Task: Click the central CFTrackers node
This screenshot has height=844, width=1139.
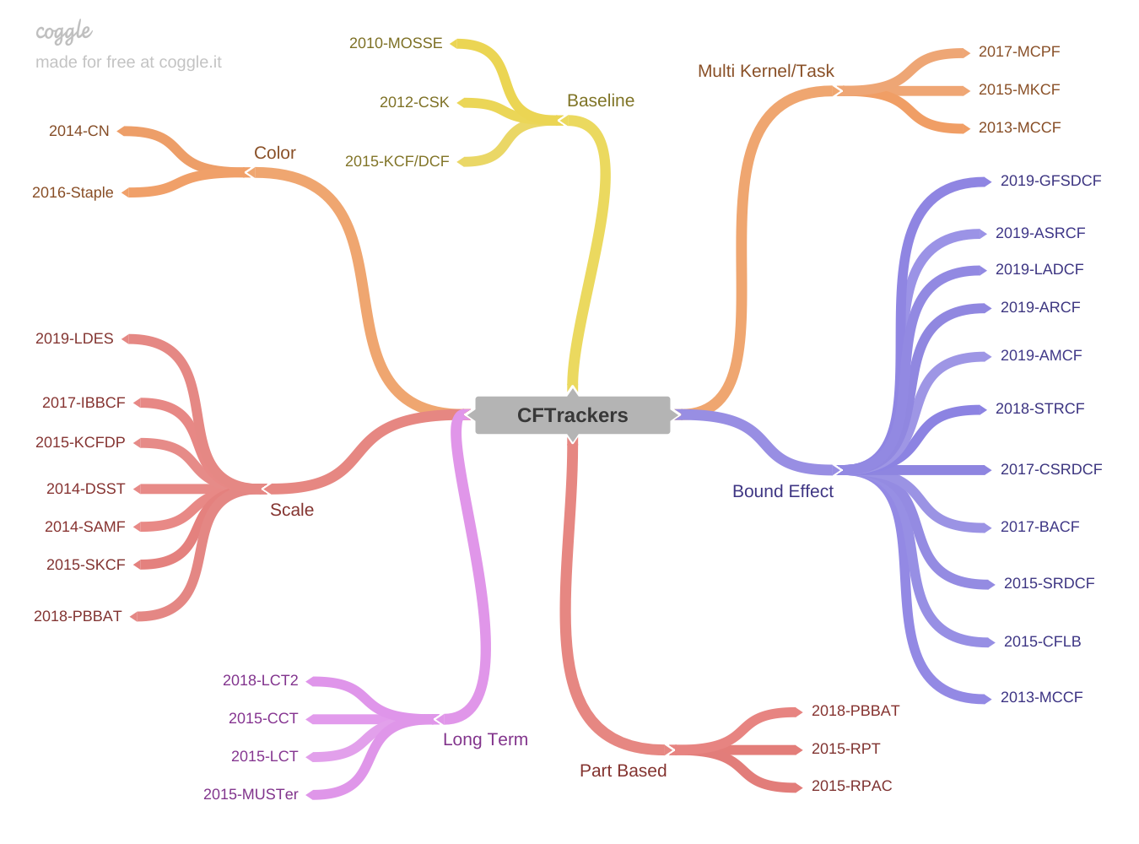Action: [x=572, y=415]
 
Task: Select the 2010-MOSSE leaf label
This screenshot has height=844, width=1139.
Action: [x=396, y=43]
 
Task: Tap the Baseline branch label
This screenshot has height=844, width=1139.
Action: [x=600, y=100]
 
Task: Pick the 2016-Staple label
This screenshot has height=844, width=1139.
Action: [x=73, y=192]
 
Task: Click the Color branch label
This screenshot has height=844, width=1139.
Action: [x=275, y=153]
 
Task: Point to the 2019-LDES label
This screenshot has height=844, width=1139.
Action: [x=74, y=338]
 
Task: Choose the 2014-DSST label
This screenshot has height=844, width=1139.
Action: [x=85, y=489]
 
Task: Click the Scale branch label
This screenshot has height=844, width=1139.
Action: [x=292, y=510]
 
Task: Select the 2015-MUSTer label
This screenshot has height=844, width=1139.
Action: [x=251, y=794]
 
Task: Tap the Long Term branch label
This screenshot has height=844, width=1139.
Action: [x=485, y=739]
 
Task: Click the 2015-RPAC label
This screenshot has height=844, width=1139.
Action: [x=851, y=786]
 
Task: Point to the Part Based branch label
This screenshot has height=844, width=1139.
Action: [x=623, y=771]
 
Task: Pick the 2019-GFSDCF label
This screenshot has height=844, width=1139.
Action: [x=1050, y=181]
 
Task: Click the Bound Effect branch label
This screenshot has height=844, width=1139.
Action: [x=782, y=491]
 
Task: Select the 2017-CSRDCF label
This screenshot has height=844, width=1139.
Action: [x=1051, y=469]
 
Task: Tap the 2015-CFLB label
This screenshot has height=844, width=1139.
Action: [x=1042, y=641]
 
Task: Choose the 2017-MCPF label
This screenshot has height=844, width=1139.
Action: [x=1018, y=51]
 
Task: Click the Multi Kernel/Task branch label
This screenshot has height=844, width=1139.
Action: [x=765, y=71]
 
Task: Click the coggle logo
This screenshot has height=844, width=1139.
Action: [x=63, y=33]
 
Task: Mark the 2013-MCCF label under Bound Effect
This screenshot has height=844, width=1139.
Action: [x=1041, y=697]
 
